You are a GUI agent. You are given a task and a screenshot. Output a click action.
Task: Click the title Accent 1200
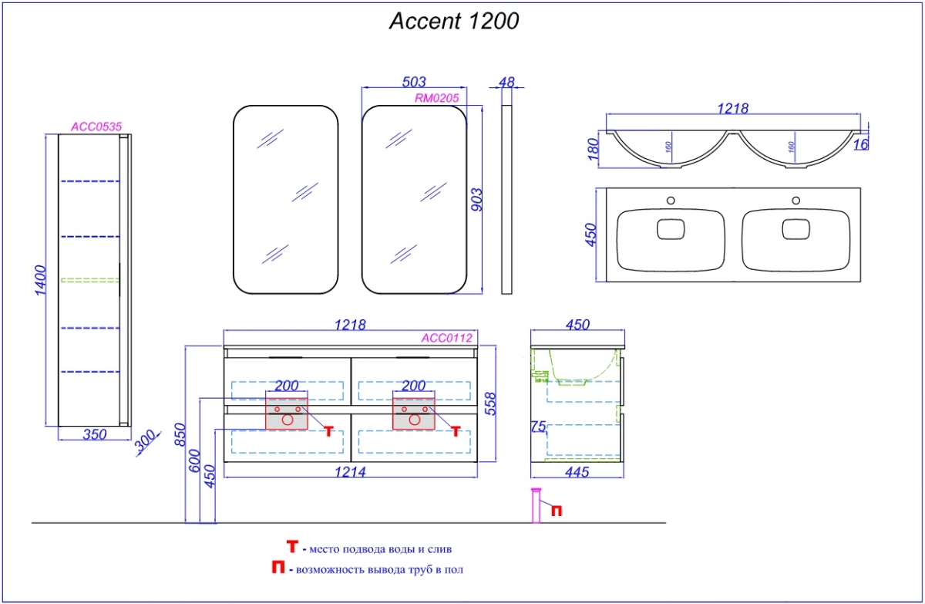453,22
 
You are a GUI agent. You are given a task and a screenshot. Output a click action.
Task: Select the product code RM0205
437,97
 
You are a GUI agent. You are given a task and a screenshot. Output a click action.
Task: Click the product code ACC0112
446,337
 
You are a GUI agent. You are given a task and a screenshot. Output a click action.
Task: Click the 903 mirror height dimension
476,201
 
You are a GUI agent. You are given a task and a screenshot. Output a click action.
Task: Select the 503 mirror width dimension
414,81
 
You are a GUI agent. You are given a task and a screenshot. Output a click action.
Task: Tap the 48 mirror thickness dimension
506,81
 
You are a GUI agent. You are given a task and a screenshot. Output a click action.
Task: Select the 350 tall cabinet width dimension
93,434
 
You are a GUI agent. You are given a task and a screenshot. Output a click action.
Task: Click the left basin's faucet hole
670,201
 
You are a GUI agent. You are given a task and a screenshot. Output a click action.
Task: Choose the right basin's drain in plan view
795,229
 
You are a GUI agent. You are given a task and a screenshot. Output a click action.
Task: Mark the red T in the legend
292,547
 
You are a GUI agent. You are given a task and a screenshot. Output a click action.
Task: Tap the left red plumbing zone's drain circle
287,420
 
